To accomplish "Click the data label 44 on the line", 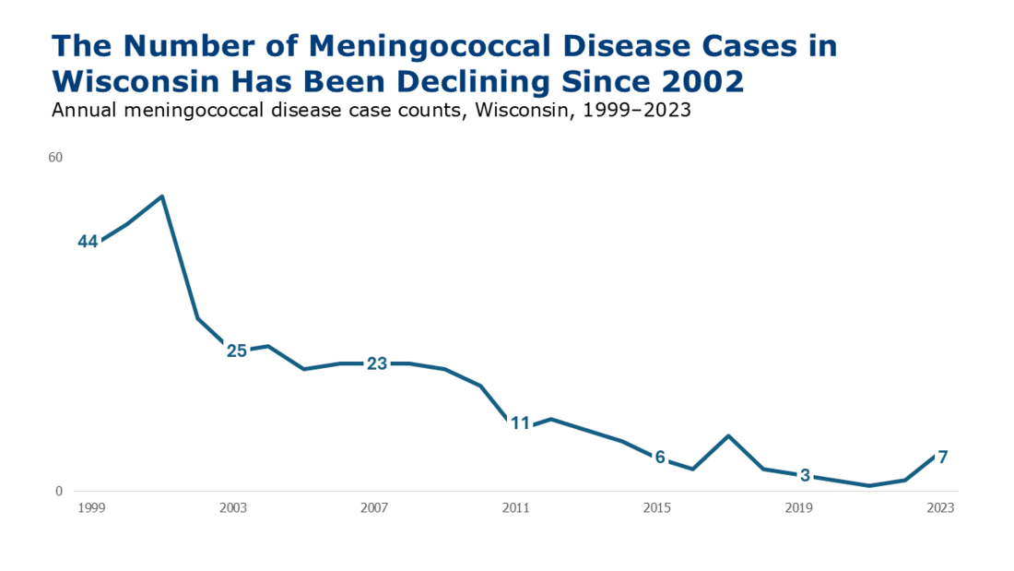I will [x=88, y=242].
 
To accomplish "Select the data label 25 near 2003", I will [x=237, y=351].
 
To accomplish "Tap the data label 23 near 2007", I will [x=377, y=363].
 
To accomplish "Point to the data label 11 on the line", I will [x=521, y=423].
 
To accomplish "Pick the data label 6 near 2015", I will [x=660, y=458].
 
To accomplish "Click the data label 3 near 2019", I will [x=805, y=476].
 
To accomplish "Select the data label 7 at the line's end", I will [x=942, y=457].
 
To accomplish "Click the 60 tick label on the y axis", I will [x=55, y=158].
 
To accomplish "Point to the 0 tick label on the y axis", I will [x=59, y=492].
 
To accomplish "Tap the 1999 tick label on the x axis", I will [x=91, y=508].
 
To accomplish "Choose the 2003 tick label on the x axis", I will [x=233, y=508].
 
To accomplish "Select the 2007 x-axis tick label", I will [x=374, y=508].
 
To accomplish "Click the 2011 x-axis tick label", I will [x=515, y=508].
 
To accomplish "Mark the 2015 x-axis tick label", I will [x=657, y=508].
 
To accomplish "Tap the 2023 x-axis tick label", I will [x=940, y=508].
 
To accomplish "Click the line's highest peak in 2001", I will [x=162, y=196].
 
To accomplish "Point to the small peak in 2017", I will [x=728, y=435].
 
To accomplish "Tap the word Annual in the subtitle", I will [x=80, y=110].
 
